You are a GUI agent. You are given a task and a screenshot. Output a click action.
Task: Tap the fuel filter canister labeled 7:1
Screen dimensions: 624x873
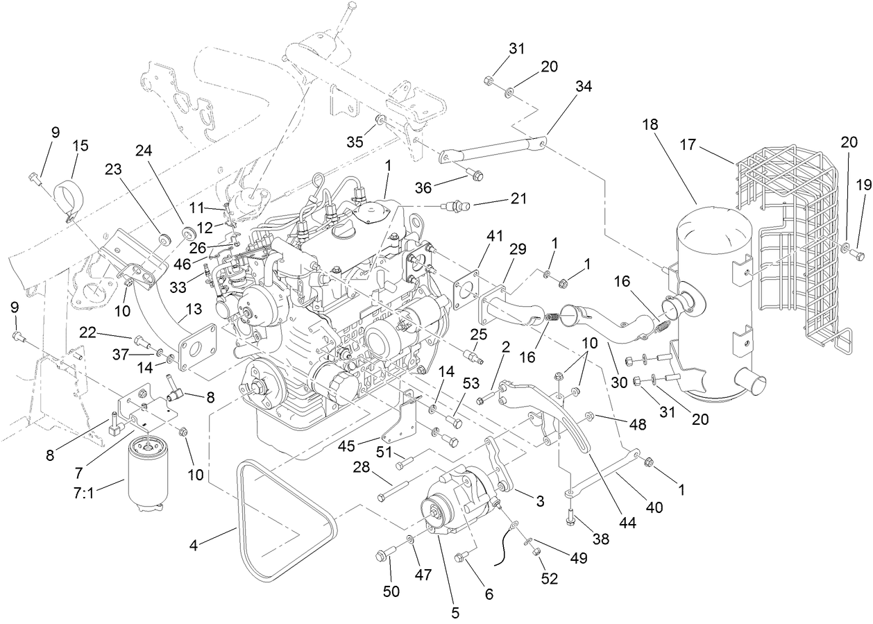149,480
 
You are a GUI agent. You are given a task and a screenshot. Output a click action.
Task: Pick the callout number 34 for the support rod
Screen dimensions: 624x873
584,87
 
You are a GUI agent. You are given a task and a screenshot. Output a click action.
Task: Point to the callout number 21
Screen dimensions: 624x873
518,199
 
